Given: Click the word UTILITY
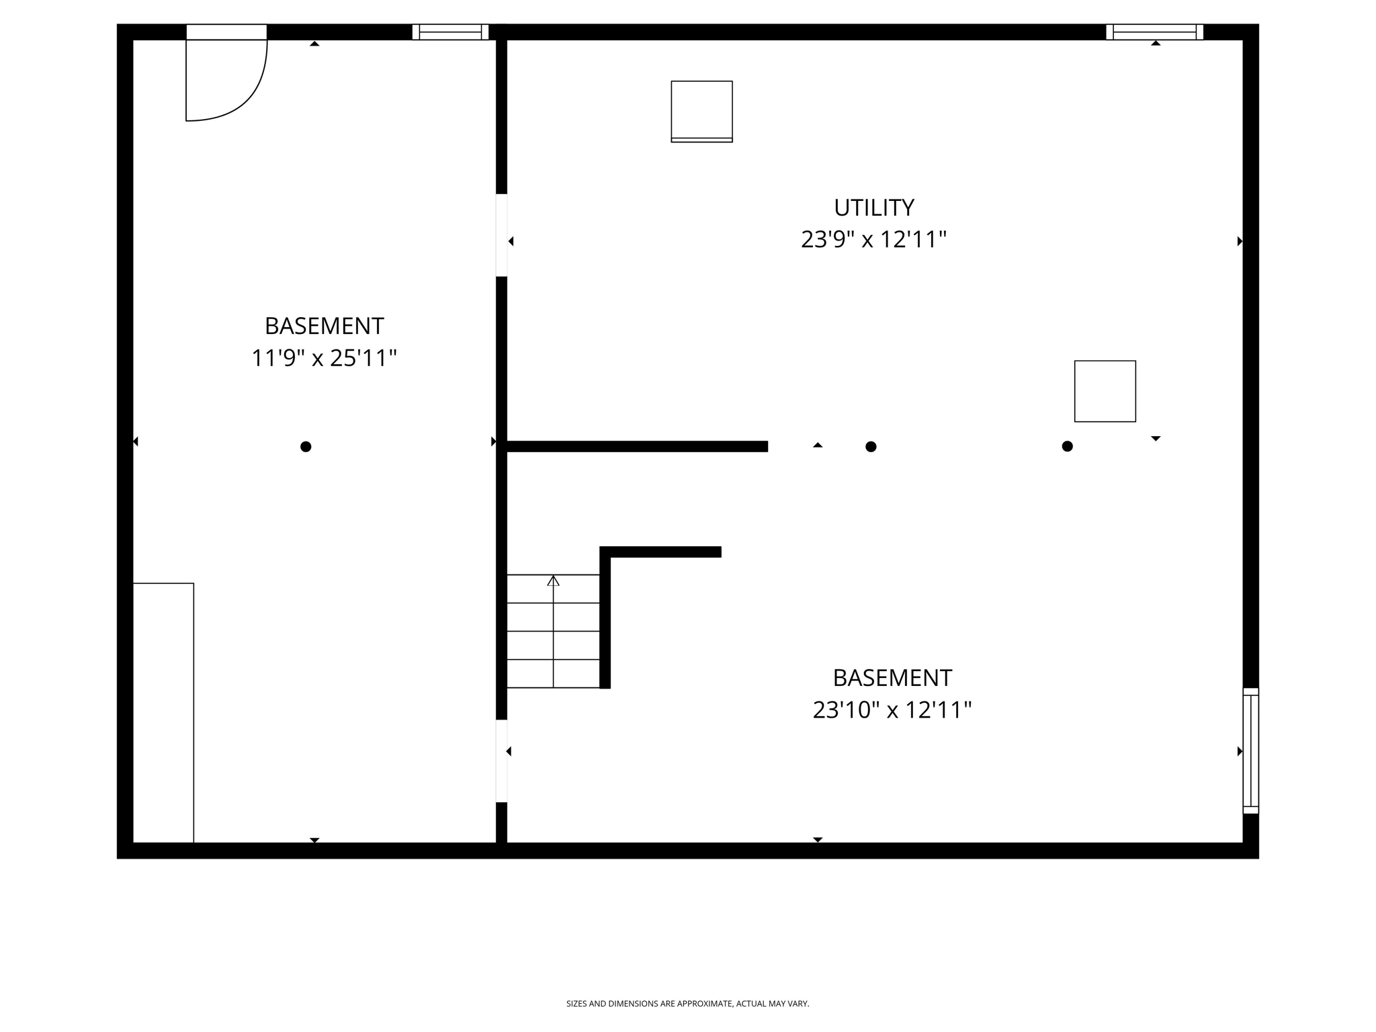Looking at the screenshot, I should point(873,208).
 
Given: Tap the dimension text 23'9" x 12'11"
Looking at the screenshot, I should point(873,240).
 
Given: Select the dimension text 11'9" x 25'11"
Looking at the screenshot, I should point(324,358).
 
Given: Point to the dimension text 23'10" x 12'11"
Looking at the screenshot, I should point(892,710).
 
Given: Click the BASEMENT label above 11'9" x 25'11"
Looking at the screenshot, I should point(324,327).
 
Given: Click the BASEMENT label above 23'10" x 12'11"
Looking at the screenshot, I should point(892,678).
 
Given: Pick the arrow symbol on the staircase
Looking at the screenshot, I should point(553,581).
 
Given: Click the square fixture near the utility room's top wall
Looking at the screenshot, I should point(701,112).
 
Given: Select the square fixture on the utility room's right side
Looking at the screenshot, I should point(1105,391).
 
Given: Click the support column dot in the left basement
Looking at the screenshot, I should point(306,447).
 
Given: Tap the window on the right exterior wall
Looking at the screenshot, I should point(1250,750).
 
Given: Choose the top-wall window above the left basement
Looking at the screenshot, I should point(450,32).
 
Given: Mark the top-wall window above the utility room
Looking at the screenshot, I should point(1154,32).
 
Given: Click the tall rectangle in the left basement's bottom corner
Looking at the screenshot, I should point(163,712).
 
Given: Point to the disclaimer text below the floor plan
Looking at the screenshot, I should point(687,1004).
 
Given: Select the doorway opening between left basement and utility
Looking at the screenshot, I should point(501,235).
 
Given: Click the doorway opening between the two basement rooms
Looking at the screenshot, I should point(501,761).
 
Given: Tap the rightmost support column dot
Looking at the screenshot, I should point(1067,447).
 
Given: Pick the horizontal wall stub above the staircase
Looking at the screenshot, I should point(662,552).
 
